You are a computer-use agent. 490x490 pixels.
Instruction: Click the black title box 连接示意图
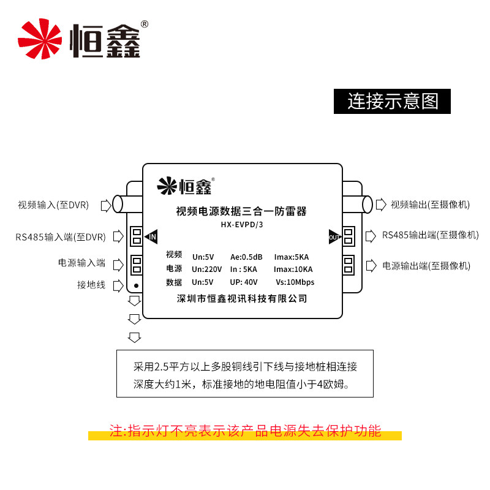tap(392, 101)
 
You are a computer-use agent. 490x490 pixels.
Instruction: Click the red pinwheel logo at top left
tap(40, 38)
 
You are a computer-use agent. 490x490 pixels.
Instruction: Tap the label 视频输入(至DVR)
tap(53, 205)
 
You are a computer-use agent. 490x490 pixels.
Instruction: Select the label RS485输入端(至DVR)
tap(61, 236)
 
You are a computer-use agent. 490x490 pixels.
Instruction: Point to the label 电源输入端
tap(82, 263)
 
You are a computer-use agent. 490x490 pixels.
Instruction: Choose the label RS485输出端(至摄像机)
tap(431, 235)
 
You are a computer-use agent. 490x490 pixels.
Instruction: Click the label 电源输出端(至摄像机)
tap(426, 266)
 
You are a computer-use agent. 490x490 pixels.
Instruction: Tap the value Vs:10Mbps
tap(295, 282)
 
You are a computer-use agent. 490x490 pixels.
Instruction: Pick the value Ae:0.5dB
tap(246, 256)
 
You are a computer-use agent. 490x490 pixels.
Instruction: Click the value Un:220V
tap(206, 269)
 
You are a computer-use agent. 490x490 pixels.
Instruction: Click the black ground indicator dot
tap(136, 285)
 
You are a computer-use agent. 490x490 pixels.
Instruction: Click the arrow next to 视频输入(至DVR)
tap(105, 205)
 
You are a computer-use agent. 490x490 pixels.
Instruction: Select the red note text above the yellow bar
tap(245, 430)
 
